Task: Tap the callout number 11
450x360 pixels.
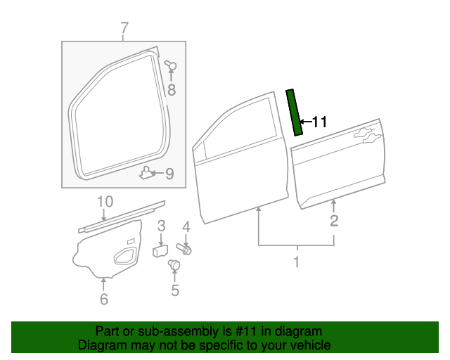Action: point(319,122)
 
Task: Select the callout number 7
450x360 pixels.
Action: point(124,29)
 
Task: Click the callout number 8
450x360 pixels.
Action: point(171,89)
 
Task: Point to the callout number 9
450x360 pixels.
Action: point(169,173)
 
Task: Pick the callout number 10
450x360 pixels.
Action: point(105,202)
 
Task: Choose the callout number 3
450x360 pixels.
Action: point(161,226)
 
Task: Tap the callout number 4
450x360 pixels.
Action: point(186,226)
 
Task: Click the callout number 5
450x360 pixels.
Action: point(175,290)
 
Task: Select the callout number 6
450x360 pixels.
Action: point(104,300)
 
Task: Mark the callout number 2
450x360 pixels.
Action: point(334,221)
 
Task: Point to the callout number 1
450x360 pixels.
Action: point(296,263)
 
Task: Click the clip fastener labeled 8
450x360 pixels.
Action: point(171,67)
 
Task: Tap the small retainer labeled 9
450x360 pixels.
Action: point(147,172)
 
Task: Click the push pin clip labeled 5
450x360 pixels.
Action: point(174,265)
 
